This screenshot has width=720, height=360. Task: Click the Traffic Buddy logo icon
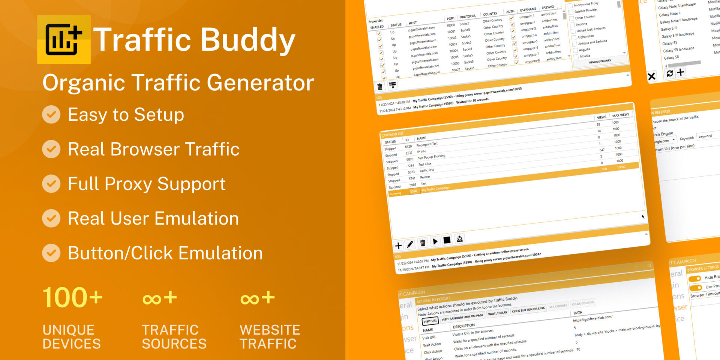(x=64, y=39)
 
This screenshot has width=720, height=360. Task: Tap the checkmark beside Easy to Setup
(x=51, y=115)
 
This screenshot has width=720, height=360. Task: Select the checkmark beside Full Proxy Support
(x=51, y=184)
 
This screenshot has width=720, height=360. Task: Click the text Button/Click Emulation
(x=165, y=253)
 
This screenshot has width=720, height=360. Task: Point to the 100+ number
(x=72, y=298)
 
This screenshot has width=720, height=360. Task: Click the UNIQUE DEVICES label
(x=72, y=336)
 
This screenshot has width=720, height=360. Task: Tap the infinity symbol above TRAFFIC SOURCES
(x=152, y=299)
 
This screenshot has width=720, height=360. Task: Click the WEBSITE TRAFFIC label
(x=270, y=336)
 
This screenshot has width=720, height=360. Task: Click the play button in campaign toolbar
(x=435, y=241)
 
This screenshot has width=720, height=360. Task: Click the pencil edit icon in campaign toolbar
(x=410, y=244)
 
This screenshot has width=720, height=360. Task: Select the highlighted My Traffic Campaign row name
(x=435, y=189)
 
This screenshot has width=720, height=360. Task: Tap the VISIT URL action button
(x=430, y=321)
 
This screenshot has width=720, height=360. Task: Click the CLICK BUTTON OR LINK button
(x=528, y=309)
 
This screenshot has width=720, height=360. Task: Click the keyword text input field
(x=708, y=136)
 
